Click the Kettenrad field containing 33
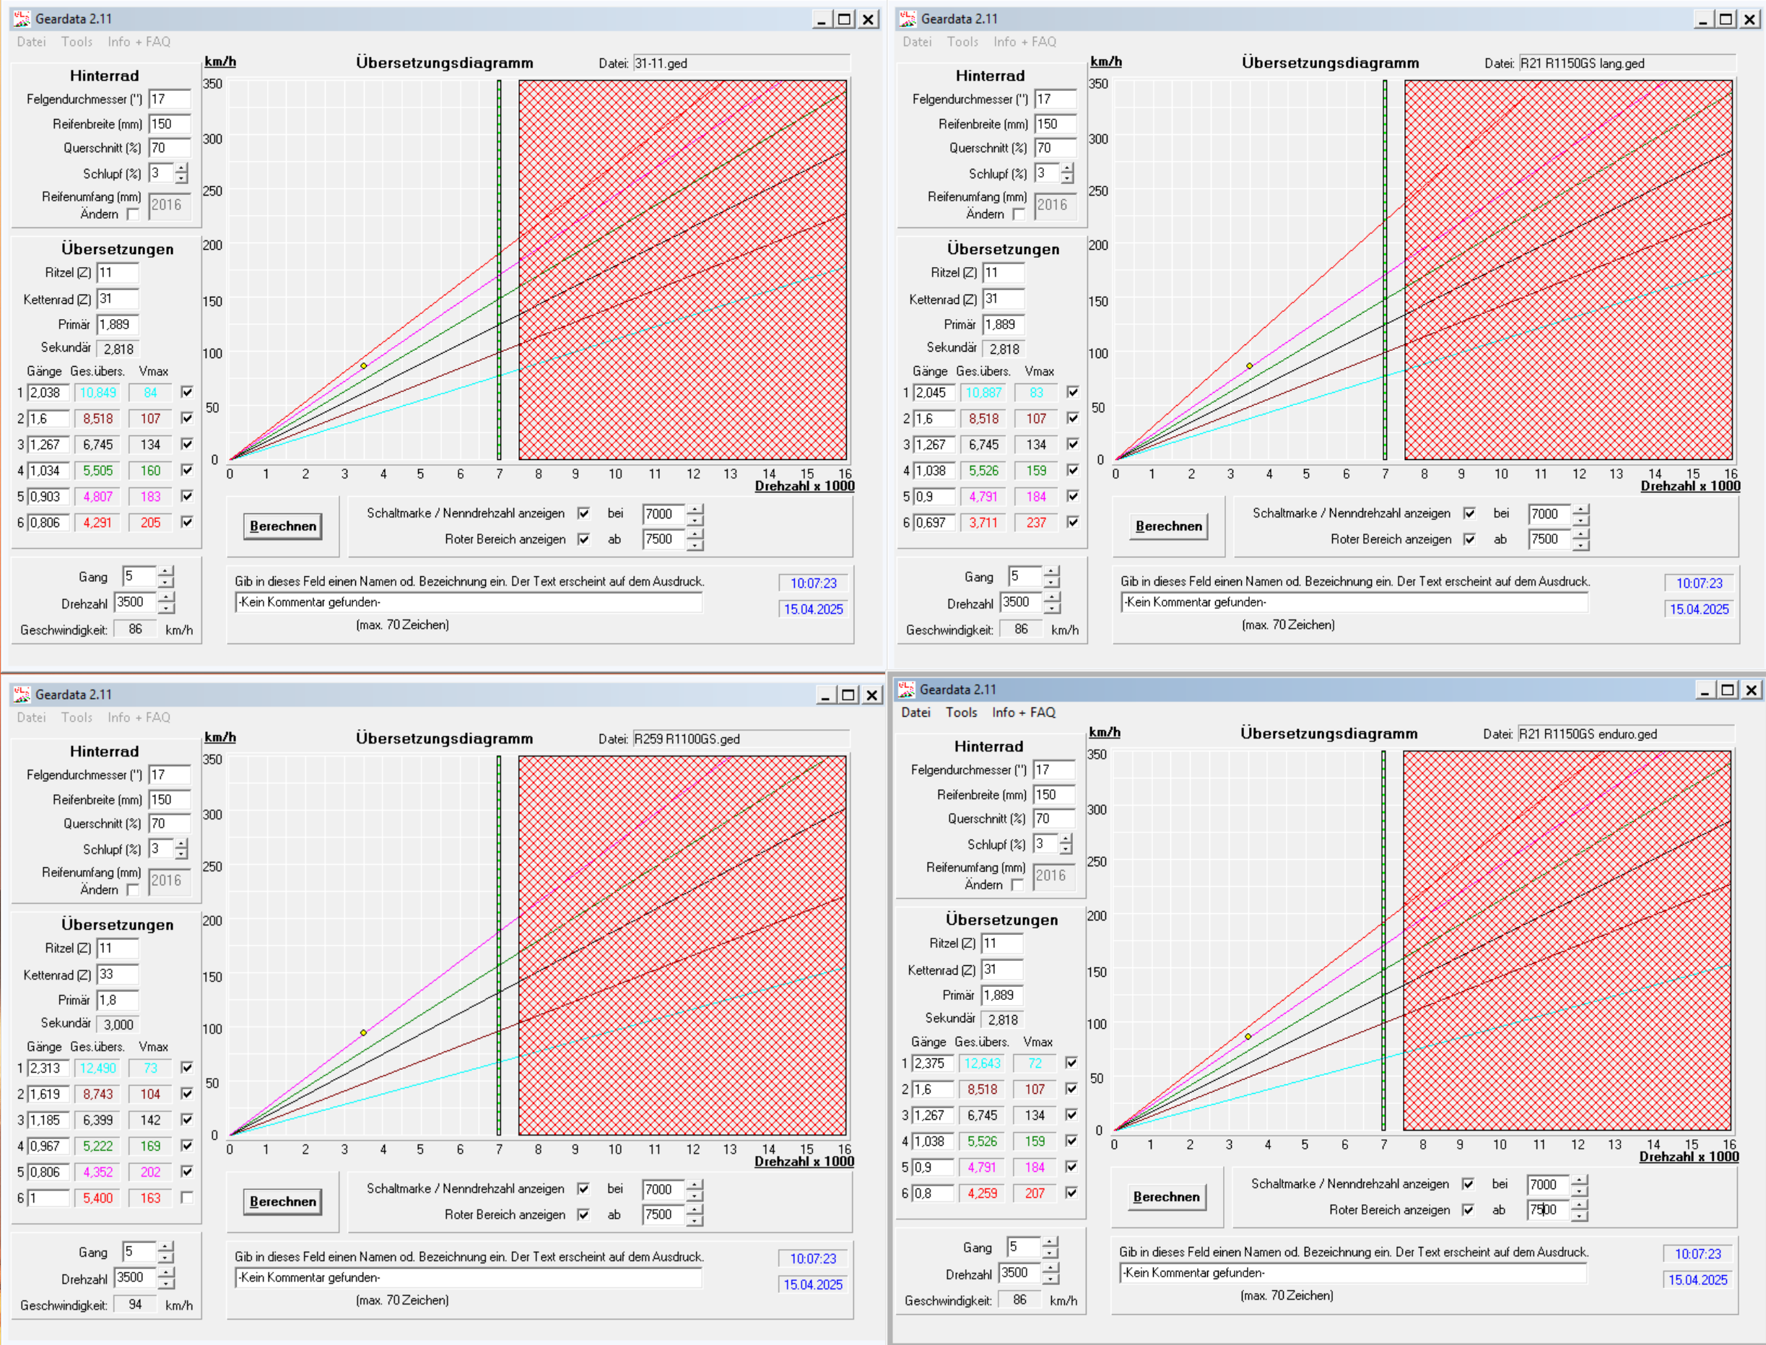(117, 975)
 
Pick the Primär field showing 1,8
(117, 1000)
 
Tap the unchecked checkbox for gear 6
(186, 1198)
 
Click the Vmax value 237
(1036, 523)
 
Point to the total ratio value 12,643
(982, 1063)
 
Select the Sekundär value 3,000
(118, 1024)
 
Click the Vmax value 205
(150, 523)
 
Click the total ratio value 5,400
(97, 1198)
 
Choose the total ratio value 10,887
(984, 392)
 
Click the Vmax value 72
(1035, 1063)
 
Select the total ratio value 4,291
(97, 523)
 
